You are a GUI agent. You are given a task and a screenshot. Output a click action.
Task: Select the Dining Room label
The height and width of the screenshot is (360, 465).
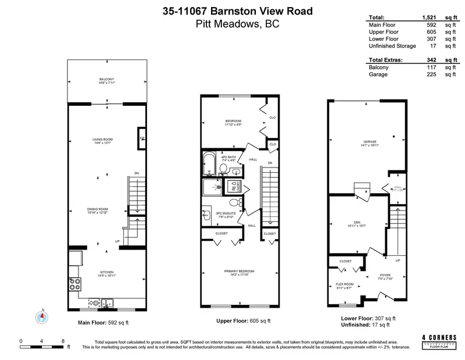point(98,211)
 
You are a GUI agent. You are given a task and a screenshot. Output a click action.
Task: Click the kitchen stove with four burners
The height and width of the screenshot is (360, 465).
point(75,284)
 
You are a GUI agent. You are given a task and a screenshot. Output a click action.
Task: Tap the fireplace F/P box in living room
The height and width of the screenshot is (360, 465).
point(141,138)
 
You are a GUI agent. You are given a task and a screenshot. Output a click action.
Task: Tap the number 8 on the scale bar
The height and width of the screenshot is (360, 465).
point(63,340)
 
